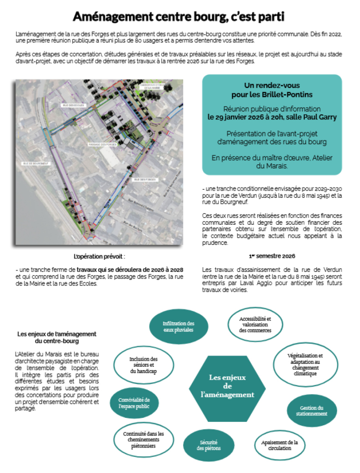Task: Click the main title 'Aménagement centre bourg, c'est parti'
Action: click(x=178, y=17)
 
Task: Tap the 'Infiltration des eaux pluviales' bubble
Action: click(x=178, y=326)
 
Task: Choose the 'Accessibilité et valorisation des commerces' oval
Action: click(x=255, y=325)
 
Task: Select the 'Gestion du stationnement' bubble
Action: click(x=311, y=411)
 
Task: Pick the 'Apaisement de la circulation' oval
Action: click(x=279, y=445)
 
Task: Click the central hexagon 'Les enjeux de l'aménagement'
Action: click(x=227, y=386)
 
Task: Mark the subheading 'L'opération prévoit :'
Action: click(x=102, y=256)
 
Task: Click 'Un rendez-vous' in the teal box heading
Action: click(x=272, y=86)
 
